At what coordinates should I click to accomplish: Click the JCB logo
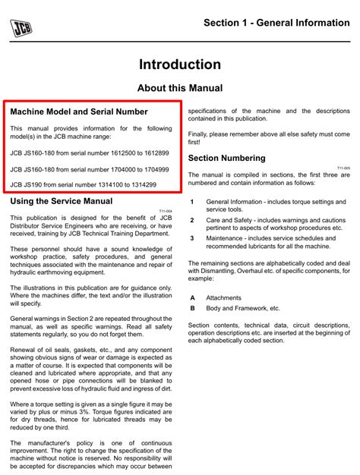pyautogui.click(x=21, y=27)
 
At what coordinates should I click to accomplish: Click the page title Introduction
pyautogui.click(x=180, y=64)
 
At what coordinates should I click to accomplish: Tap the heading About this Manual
pyautogui.click(x=180, y=88)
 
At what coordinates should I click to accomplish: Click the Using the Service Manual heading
pyautogui.click(x=61, y=201)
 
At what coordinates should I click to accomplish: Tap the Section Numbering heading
pyautogui.click(x=226, y=158)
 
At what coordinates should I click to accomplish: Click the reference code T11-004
pyautogui.click(x=166, y=211)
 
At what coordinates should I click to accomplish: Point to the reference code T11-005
pyautogui.click(x=343, y=168)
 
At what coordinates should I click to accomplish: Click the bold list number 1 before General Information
pyautogui.click(x=192, y=201)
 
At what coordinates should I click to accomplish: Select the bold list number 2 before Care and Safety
pyautogui.click(x=192, y=219)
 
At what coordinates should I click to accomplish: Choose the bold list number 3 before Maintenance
pyautogui.click(x=192, y=237)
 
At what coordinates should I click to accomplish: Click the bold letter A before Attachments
pyautogui.click(x=192, y=298)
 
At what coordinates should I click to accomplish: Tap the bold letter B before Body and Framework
pyautogui.click(x=192, y=309)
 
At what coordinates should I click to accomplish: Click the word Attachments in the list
pyautogui.click(x=223, y=298)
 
